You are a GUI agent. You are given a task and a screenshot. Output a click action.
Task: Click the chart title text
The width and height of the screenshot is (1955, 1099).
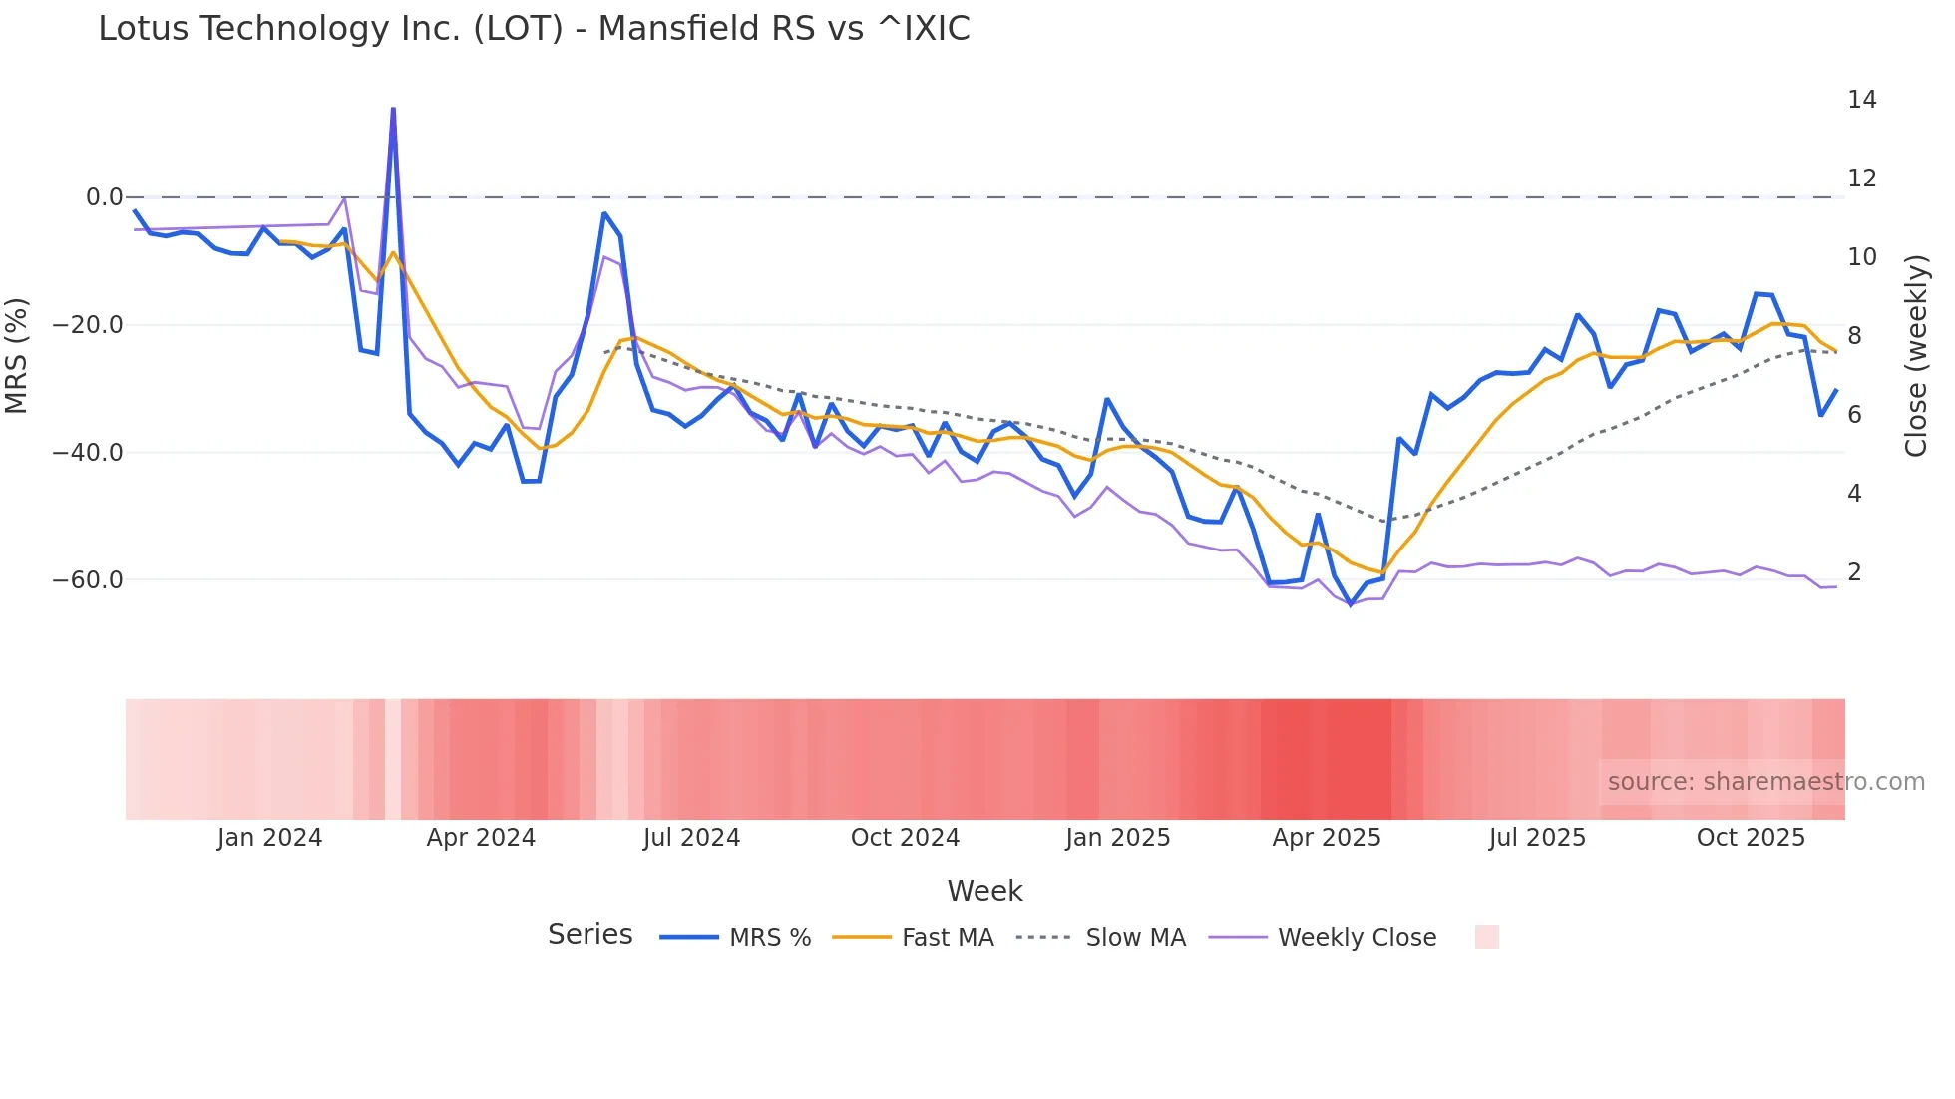tap(534, 29)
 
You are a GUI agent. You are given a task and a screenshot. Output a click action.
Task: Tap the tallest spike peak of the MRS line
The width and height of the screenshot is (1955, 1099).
tap(393, 109)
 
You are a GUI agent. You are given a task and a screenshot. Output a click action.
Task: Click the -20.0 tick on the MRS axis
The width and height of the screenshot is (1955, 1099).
tap(88, 325)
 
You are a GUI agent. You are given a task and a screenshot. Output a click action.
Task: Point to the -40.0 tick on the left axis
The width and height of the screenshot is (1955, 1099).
tap(88, 453)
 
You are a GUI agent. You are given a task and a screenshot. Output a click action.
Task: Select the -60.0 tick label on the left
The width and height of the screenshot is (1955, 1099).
tap(88, 580)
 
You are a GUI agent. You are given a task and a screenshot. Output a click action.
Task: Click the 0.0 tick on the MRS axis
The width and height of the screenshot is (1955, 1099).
tap(104, 197)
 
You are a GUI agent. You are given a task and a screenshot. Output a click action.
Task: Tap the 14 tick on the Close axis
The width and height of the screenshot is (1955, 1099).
tap(1861, 100)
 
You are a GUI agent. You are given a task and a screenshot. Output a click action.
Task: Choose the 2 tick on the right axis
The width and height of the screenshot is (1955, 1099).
tap(1854, 572)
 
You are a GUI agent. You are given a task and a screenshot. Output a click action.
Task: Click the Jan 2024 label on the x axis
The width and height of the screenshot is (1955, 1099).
tap(269, 838)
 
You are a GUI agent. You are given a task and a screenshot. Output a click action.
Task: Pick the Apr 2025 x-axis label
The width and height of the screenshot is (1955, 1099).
tap(1326, 838)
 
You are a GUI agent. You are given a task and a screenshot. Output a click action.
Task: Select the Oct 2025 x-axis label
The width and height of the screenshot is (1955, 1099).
tap(1751, 838)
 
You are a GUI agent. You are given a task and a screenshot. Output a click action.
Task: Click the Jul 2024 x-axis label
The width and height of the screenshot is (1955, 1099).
tap(691, 838)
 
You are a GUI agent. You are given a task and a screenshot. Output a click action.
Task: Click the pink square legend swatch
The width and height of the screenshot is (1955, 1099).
tap(1486, 937)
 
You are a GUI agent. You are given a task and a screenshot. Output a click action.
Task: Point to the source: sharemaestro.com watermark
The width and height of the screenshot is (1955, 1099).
tap(1765, 782)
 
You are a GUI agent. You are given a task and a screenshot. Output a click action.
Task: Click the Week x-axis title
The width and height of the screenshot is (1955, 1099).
tap(984, 891)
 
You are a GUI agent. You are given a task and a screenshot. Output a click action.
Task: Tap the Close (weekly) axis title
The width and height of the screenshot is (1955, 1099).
tap(1915, 356)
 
